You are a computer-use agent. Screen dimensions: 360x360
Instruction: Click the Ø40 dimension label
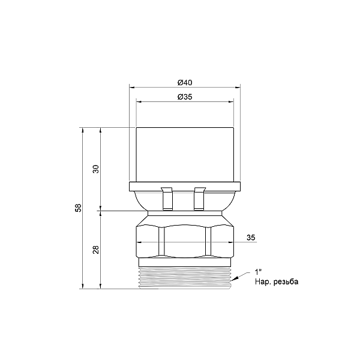[185, 82]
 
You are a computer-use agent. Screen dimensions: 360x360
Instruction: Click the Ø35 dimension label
[185, 97]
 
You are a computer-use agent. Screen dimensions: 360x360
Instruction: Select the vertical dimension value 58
[79, 208]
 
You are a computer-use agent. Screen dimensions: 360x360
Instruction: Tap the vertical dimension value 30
[96, 169]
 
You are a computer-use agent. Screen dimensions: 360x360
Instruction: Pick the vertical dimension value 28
[96, 250]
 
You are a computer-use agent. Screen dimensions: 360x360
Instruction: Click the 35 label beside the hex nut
[251, 238]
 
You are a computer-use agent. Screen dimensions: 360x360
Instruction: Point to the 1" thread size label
[258, 272]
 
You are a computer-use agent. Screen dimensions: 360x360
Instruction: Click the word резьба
[286, 282]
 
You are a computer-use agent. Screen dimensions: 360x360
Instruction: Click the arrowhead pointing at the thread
[235, 279]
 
